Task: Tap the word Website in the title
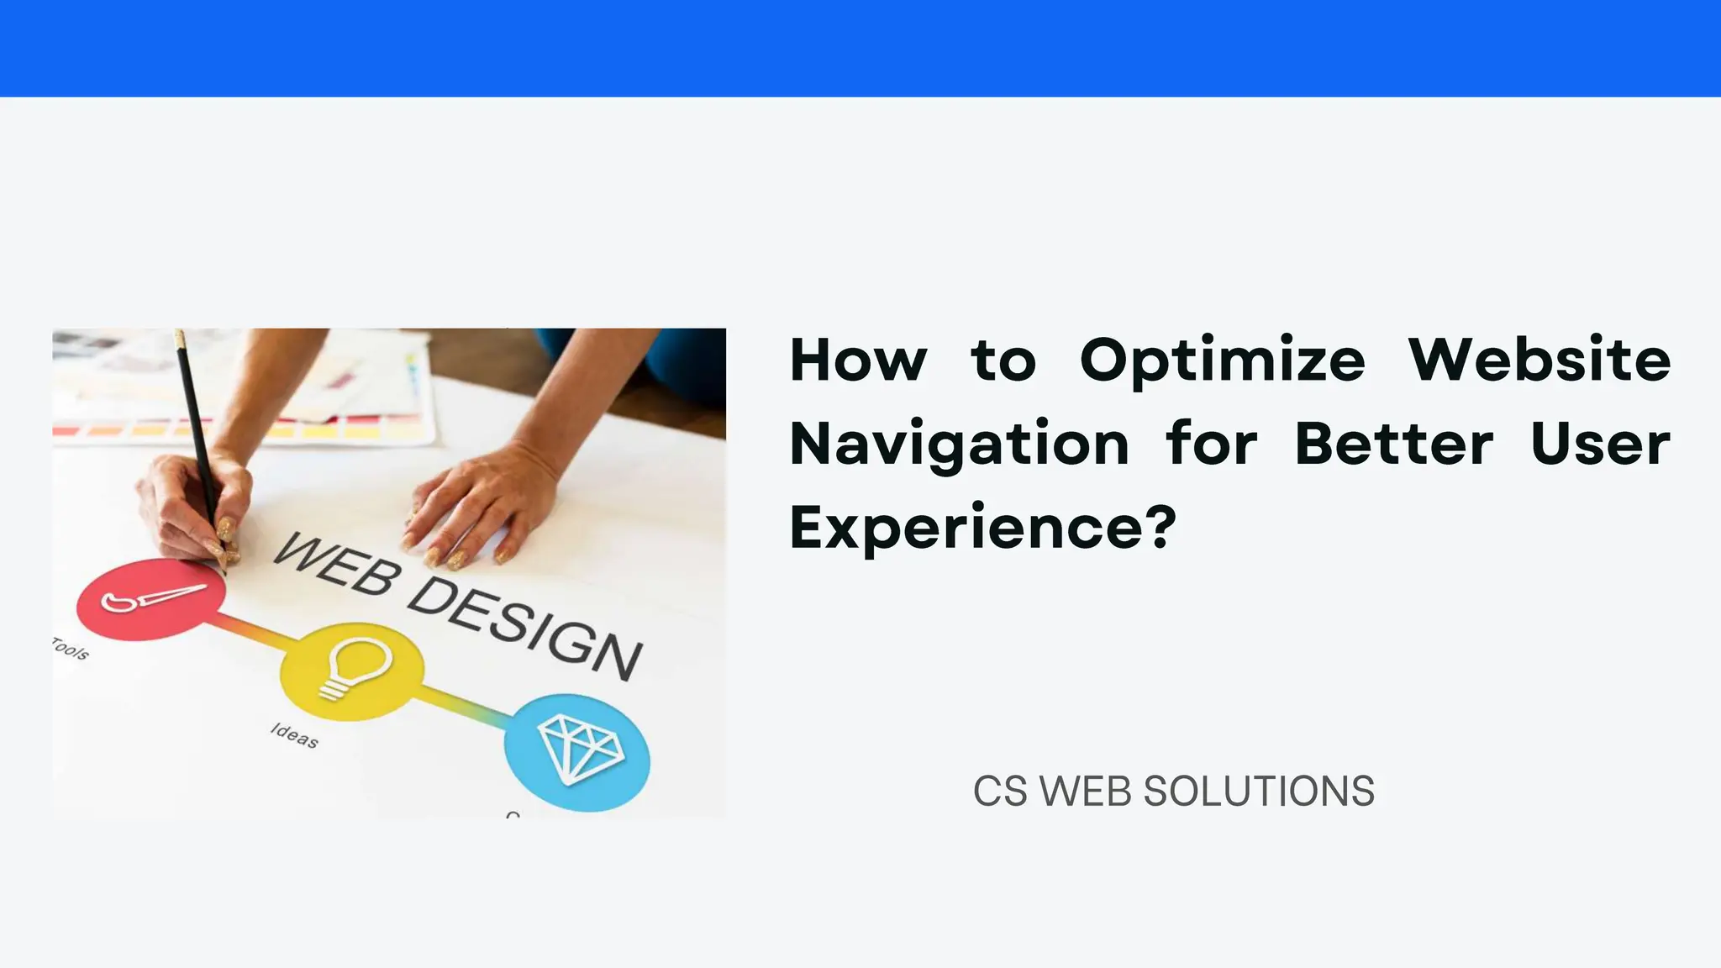[x=1539, y=360]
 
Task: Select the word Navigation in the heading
[x=960, y=444]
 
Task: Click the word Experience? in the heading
[x=983, y=527]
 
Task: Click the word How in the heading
[x=858, y=360]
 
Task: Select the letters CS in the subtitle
[x=999, y=792]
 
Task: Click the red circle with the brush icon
[x=151, y=598]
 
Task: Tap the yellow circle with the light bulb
[x=351, y=671]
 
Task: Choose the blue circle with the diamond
[x=577, y=751]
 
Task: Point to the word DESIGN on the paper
[x=525, y=628]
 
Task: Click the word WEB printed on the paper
[x=334, y=565]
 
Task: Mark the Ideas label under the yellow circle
[x=294, y=735]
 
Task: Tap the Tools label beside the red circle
[x=70, y=649]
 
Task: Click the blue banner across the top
[x=860, y=48]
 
